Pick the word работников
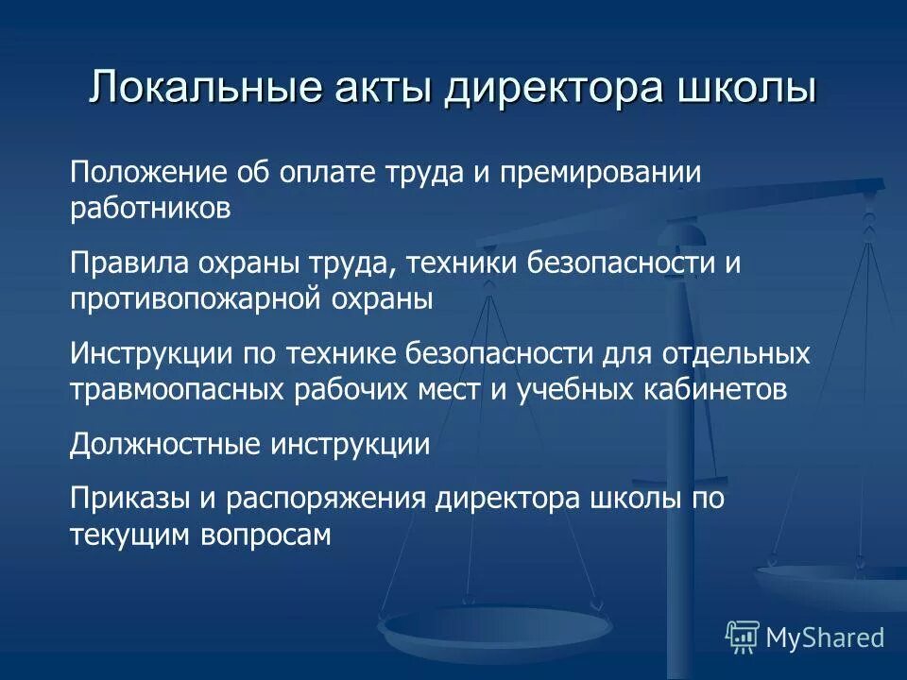[x=150, y=208]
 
